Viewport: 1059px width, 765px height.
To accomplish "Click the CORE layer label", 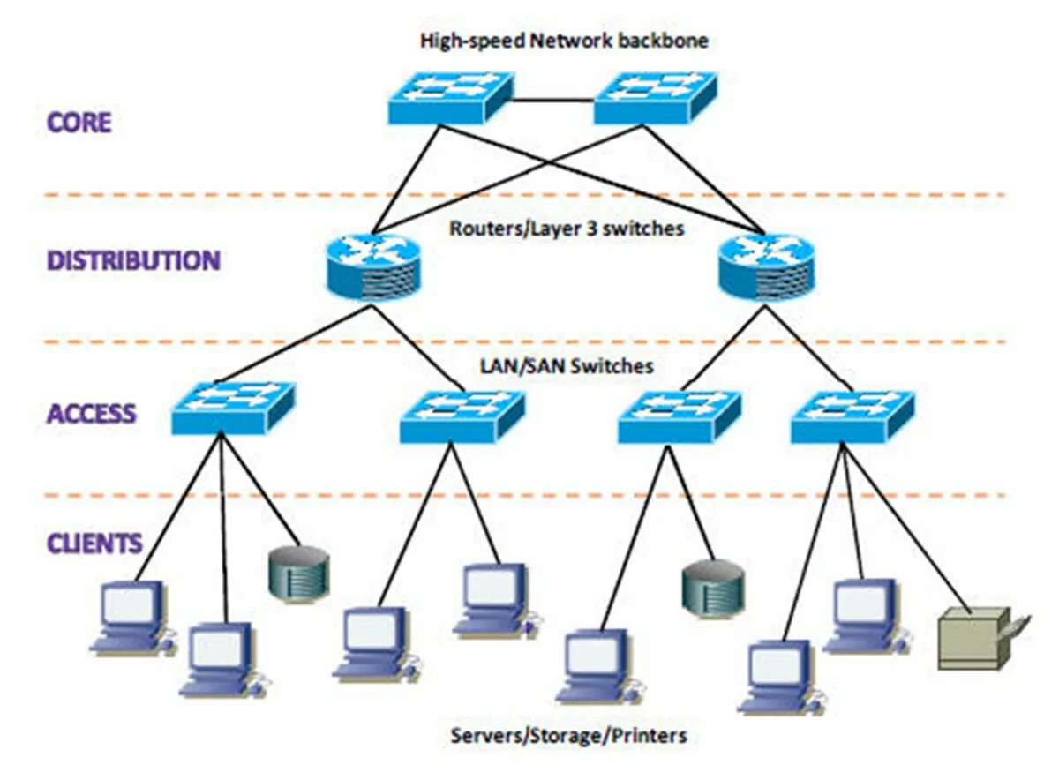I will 79,122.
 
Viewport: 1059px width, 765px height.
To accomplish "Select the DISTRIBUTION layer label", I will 133,261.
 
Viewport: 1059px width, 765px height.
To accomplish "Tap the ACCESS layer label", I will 92,413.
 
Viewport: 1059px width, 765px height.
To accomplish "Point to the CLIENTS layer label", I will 94,543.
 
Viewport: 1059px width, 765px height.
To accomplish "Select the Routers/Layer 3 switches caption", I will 567,229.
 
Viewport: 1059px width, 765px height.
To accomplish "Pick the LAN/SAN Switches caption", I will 567,365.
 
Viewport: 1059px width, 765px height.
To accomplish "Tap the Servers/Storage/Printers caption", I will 568,735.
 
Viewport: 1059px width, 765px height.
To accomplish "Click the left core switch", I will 450,98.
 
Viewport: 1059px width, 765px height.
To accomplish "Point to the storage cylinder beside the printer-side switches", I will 713,586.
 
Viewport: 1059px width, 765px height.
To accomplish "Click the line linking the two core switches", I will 552,101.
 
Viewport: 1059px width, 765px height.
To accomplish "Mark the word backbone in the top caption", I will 665,41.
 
